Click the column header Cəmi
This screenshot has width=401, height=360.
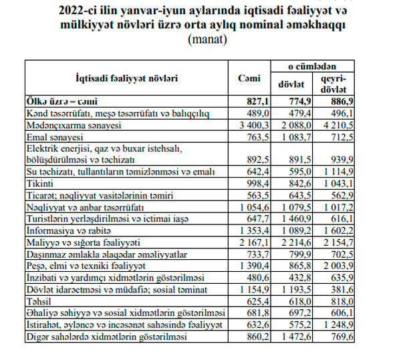[249, 77]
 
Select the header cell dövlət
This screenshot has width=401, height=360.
[291, 85]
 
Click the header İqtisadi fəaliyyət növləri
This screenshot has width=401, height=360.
[126, 77]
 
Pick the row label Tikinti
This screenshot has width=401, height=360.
[41, 183]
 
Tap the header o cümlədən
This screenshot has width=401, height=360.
[314, 67]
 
